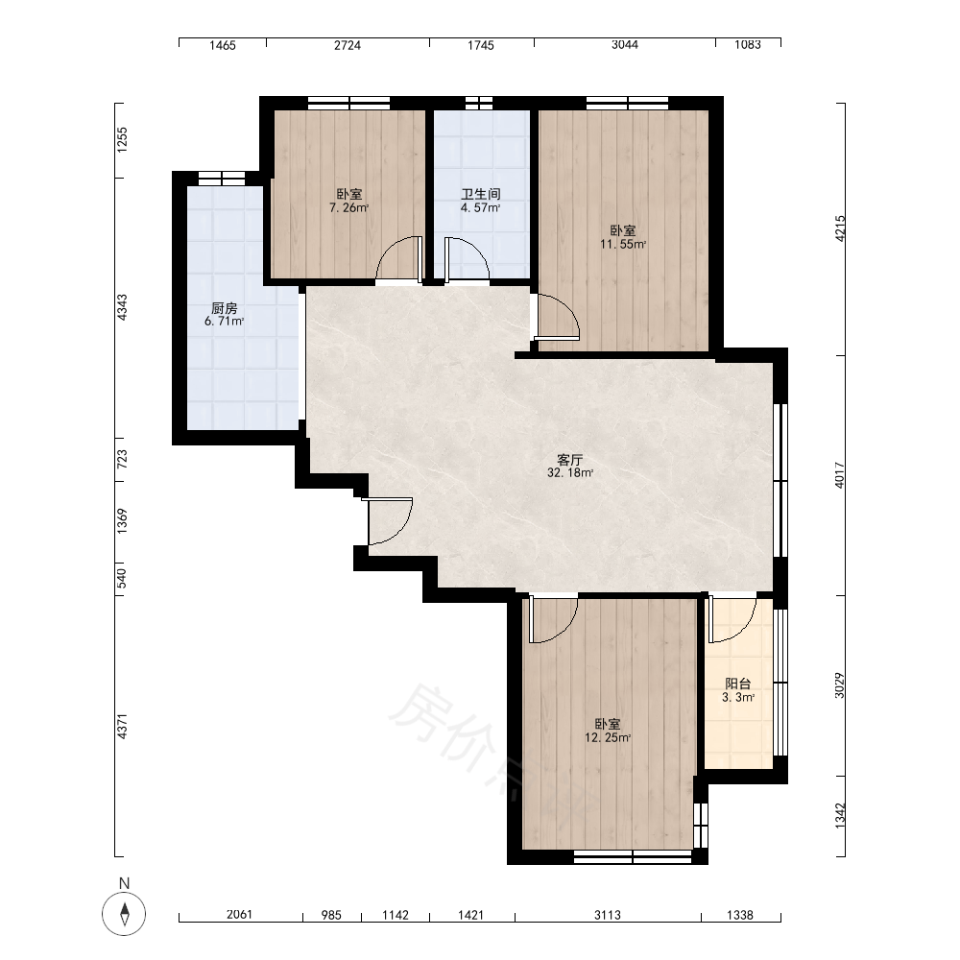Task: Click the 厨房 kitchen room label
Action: pyautogui.click(x=224, y=308)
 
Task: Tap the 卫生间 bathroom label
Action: pyautogui.click(x=481, y=194)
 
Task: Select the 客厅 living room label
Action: pyautogui.click(x=569, y=460)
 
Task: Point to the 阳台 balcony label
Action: pyautogui.click(x=737, y=684)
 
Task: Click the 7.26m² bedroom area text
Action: pyautogui.click(x=349, y=207)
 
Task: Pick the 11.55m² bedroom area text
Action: pyautogui.click(x=623, y=244)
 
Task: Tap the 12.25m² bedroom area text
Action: pyautogui.click(x=608, y=737)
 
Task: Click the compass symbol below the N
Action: pyautogui.click(x=124, y=914)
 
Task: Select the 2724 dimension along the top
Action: pyautogui.click(x=348, y=45)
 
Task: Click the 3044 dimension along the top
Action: pyautogui.click(x=625, y=45)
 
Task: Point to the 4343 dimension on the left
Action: pyautogui.click(x=123, y=307)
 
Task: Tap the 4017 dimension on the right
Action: pyautogui.click(x=840, y=475)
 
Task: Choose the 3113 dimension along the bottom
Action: pyautogui.click(x=608, y=915)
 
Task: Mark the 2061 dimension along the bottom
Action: pyautogui.click(x=239, y=915)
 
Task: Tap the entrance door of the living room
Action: pyautogui.click(x=390, y=521)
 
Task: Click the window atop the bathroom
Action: pyautogui.click(x=478, y=103)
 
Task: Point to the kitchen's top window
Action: pyautogui.click(x=222, y=179)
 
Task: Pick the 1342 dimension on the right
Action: pyautogui.click(x=840, y=816)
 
